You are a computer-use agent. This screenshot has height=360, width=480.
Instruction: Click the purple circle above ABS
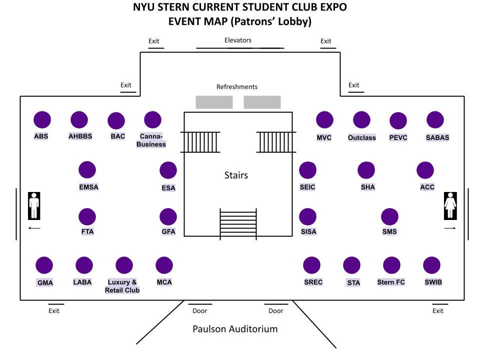click(42, 120)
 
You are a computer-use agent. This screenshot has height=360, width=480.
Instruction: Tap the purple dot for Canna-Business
click(152, 120)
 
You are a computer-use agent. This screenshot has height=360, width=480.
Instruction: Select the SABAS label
click(437, 137)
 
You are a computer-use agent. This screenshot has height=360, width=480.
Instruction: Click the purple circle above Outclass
click(361, 120)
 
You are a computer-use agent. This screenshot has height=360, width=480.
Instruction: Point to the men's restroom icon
click(34, 205)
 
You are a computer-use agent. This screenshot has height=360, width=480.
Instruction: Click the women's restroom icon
click(450, 205)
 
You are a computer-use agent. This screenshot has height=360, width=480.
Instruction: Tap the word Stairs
click(236, 175)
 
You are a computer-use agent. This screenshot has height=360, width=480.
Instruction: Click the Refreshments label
click(237, 87)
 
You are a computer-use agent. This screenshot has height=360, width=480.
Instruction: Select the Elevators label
click(238, 40)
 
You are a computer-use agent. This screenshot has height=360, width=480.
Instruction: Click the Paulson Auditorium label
click(235, 329)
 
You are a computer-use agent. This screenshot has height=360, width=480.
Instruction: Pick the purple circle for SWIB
click(431, 265)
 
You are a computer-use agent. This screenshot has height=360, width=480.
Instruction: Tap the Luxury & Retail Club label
click(122, 286)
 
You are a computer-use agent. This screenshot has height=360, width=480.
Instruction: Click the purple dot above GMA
click(44, 265)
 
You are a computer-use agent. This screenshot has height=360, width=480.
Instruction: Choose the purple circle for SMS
click(389, 217)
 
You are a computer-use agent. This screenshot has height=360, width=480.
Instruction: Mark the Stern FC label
click(391, 282)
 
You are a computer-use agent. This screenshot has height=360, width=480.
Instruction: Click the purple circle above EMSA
click(87, 170)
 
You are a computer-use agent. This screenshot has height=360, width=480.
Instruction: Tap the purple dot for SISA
click(308, 217)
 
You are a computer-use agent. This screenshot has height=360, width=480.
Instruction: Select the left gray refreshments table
click(214, 102)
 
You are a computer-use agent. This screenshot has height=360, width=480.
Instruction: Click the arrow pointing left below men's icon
click(34, 228)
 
